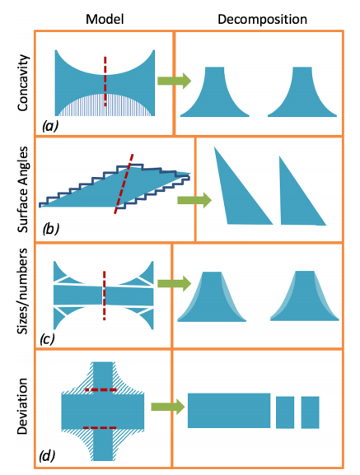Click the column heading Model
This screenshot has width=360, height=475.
click(105, 20)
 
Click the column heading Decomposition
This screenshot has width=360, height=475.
click(263, 20)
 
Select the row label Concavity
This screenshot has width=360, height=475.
click(23, 82)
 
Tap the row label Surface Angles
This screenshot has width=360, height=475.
click(23, 189)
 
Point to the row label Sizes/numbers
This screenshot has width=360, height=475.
click(23, 291)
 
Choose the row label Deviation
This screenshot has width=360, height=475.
click(22, 406)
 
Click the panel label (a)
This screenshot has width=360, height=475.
click(50, 126)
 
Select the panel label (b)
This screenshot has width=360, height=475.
click(50, 229)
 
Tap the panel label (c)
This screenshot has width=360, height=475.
click(47, 338)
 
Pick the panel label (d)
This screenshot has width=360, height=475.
click(47, 455)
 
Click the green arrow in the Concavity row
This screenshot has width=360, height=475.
click(175, 81)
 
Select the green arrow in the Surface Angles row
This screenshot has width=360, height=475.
click(194, 200)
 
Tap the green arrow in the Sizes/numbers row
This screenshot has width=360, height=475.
click(175, 284)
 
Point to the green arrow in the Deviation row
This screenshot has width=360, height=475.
click(167, 407)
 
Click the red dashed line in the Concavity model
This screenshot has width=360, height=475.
click(105, 81)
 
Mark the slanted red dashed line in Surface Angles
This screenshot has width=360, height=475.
click(124, 184)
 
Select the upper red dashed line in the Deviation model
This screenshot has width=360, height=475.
click(101, 389)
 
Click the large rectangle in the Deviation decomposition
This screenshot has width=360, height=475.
click(229, 411)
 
